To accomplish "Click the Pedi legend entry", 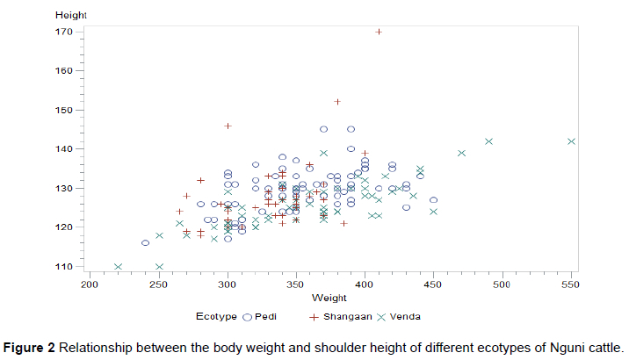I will click(268, 316).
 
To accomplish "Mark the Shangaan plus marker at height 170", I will click(379, 32).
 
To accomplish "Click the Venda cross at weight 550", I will click(572, 141).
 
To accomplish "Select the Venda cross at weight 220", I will click(118, 266).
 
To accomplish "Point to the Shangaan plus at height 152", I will click(337, 102).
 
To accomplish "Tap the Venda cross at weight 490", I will click(489, 141).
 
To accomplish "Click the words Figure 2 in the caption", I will click(30, 345).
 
